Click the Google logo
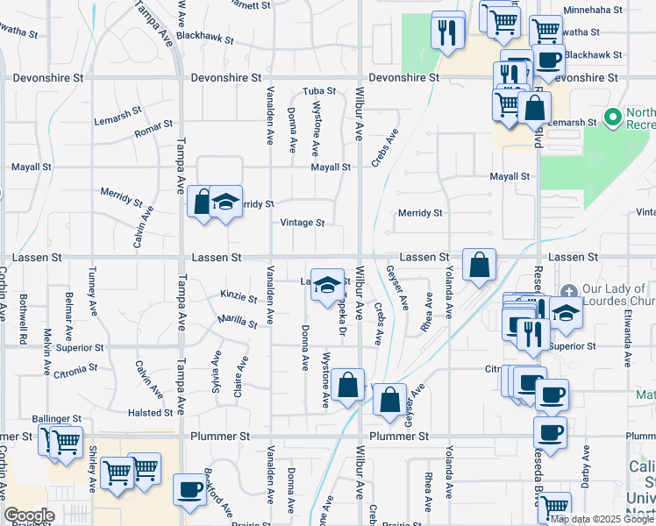[29, 515]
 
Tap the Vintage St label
[303, 223]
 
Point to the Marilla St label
[238, 321]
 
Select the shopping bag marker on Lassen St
[480, 265]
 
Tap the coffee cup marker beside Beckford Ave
[189, 489]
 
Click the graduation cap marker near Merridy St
[225, 202]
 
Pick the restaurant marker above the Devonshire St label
[448, 32]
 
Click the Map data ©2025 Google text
[602, 519]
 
